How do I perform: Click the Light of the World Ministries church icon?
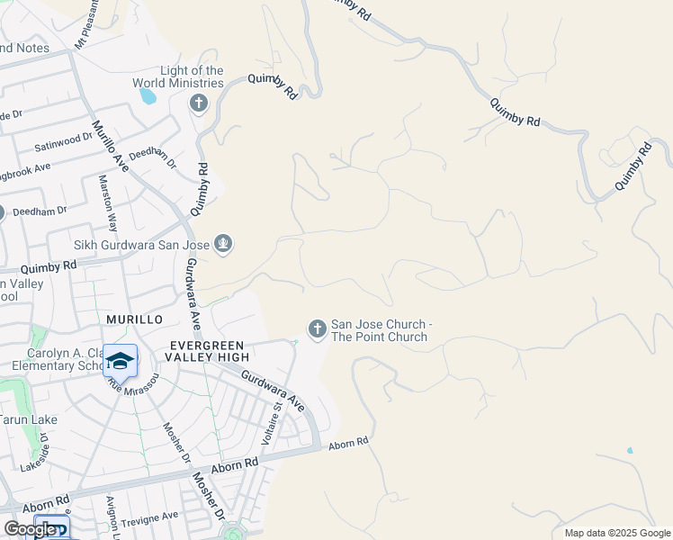[x=198, y=103]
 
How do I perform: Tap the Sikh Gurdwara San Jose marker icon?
[x=223, y=244]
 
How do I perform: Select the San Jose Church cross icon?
[x=317, y=330]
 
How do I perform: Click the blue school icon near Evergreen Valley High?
[x=120, y=362]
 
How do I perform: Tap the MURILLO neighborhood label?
[x=134, y=319]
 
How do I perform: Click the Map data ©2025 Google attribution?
[x=615, y=533]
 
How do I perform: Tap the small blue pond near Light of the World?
[x=147, y=96]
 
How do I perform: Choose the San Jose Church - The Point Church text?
[x=379, y=330]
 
